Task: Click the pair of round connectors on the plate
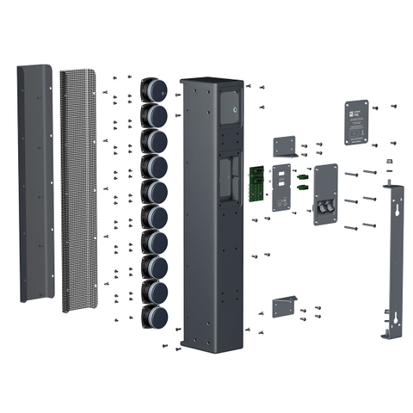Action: (325, 207)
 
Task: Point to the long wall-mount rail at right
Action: (395, 258)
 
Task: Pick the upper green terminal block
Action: (303, 171)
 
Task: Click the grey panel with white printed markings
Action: (284, 187)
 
